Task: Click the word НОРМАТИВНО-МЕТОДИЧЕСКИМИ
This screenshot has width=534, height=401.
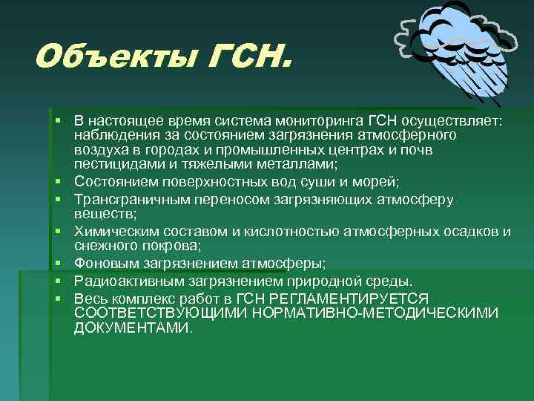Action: tap(375, 313)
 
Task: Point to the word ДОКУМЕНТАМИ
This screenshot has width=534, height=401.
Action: tap(132, 327)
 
